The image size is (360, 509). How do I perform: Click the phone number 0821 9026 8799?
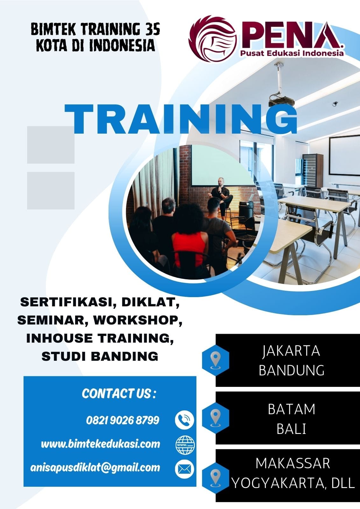[x=123, y=420]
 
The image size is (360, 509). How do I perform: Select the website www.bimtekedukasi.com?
[x=101, y=444]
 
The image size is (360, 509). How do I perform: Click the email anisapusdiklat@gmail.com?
[x=95, y=467]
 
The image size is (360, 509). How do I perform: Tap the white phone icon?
[x=184, y=420]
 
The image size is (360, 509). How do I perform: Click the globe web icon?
[x=185, y=445]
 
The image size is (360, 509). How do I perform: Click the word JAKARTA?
[x=291, y=351]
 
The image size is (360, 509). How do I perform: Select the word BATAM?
[x=292, y=409]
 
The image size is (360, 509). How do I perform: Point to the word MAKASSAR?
[x=293, y=464]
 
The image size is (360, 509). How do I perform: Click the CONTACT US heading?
[x=119, y=394]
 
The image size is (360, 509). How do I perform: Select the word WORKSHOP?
[x=138, y=320]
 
